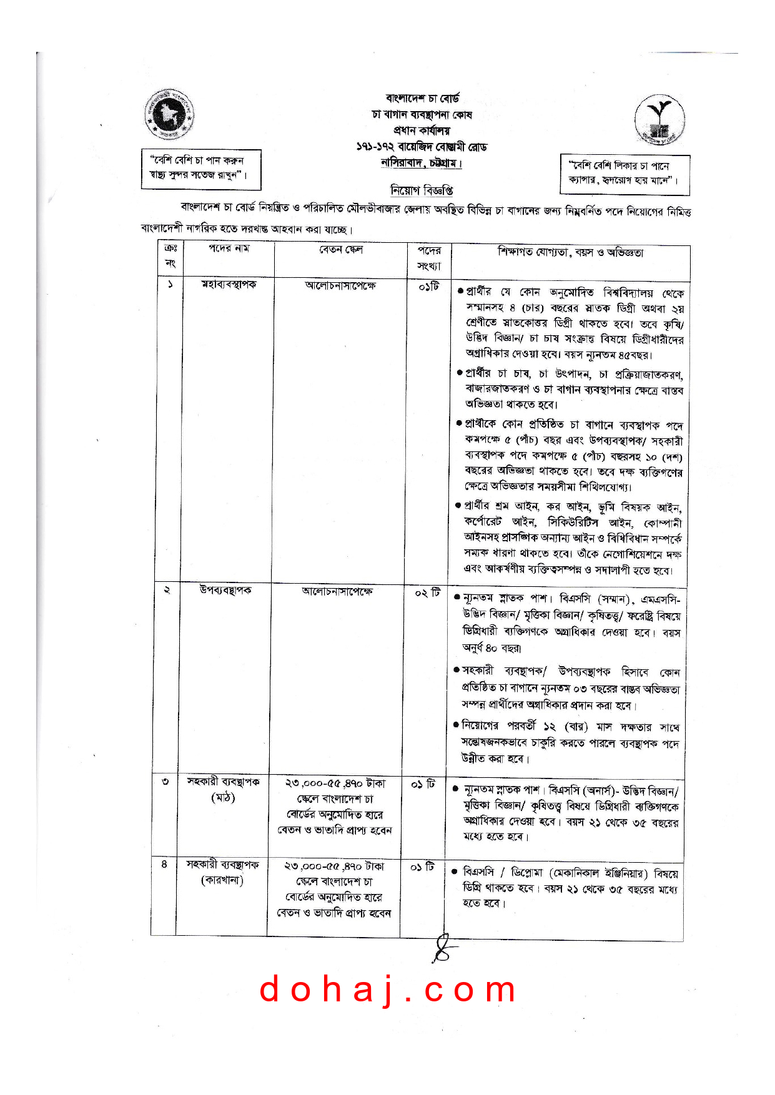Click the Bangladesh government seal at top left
(x=169, y=115)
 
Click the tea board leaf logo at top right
(x=659, y=120)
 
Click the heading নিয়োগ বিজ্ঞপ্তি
(x=422, y=190)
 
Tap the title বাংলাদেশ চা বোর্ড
(x=423, y=99)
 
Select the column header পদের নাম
(x=229, y=248)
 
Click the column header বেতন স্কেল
(x=340, y=250)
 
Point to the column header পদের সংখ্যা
(x=429, y=258)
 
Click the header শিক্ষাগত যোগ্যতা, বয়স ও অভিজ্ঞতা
(x=570, y=252)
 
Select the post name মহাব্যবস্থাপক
(x=229, y=285)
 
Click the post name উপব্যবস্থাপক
(x=225, y=590)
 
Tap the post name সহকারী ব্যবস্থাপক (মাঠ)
(x=223, y=789)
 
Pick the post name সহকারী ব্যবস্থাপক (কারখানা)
(x=222, y=872)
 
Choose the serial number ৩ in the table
(x=165, y=782)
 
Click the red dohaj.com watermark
(x=388, y=989)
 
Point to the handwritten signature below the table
(x=443, y=948)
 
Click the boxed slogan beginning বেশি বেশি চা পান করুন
(x=200, y=168)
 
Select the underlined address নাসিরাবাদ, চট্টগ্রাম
(x=422, y=164)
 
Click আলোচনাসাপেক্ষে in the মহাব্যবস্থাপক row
(x=340, y=286)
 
